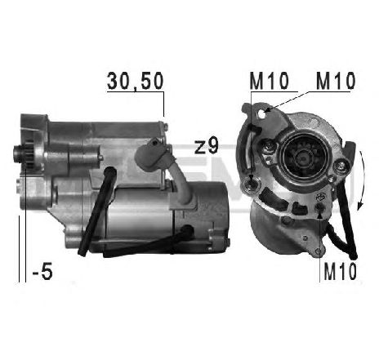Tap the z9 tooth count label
point(207,147)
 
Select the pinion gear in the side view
point(25,153)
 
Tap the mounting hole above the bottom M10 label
point(316,211)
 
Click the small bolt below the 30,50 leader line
point(165,127)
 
